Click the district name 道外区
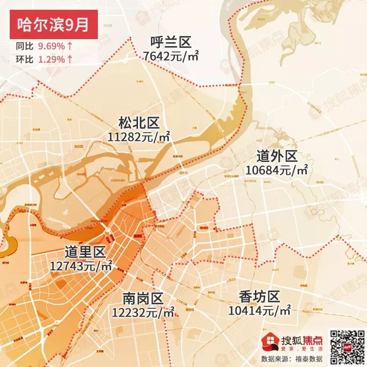click(x=277, y=156)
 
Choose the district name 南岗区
click(x=142, y=298)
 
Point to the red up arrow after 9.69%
click(x=70, y=46)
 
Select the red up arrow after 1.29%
click(x=70, y=59)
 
